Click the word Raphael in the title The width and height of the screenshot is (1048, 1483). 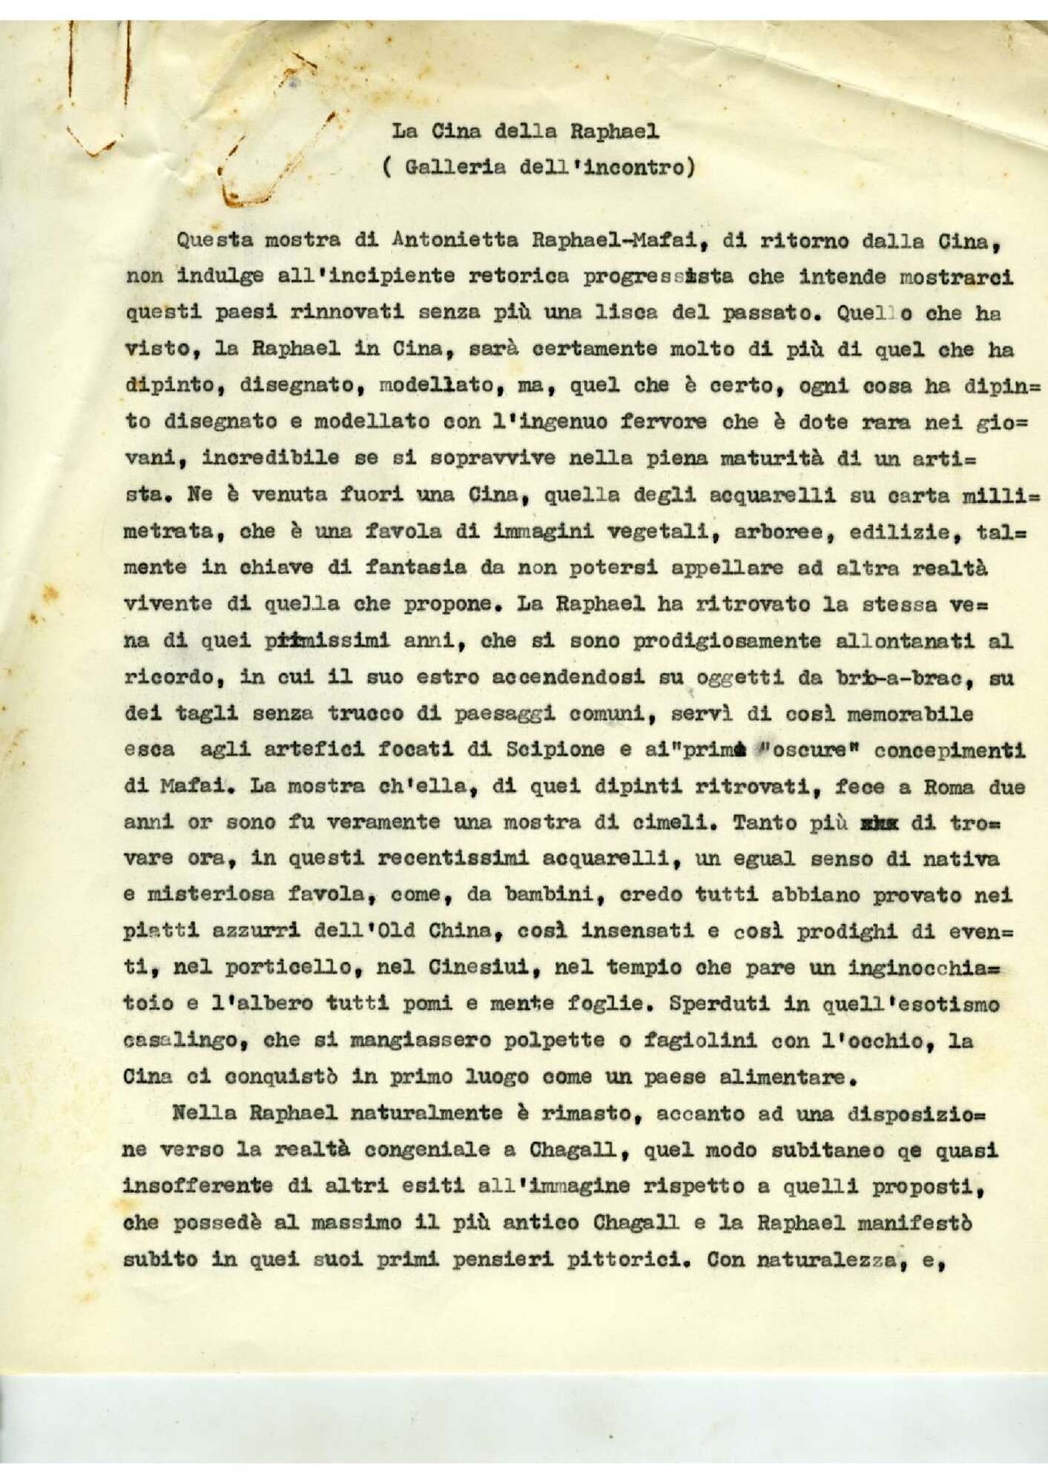[x=614, y=132]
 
